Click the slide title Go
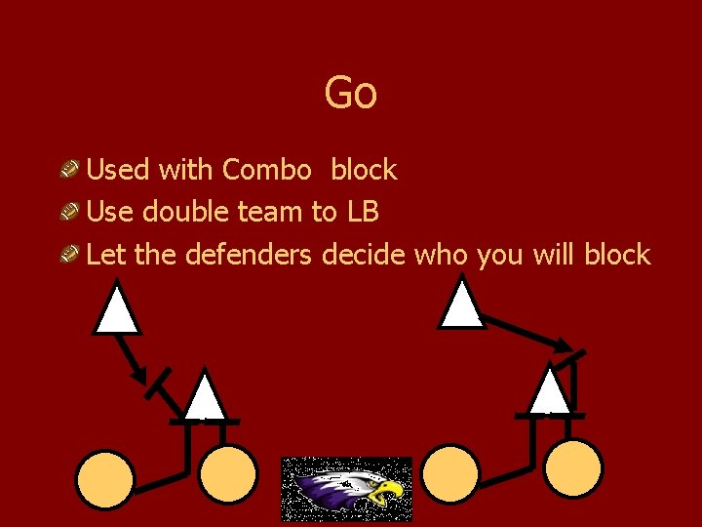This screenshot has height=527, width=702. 350,94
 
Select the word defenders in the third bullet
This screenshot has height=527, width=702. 249,255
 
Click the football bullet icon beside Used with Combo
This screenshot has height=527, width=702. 68,171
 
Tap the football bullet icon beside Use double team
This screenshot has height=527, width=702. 68,213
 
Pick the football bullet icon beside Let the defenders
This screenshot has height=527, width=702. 68,256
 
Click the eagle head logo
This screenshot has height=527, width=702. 347,489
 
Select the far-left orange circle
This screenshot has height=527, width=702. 105,479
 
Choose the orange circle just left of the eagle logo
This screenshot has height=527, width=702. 228,474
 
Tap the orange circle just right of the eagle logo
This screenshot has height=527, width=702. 450,473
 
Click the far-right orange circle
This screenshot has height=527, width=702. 573,468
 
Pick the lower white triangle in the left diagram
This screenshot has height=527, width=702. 206,398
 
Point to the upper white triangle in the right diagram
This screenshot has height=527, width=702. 461,304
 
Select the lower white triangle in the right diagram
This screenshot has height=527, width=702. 551,390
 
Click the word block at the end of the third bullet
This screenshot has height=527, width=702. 617,255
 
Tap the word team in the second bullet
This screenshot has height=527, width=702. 271,212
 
